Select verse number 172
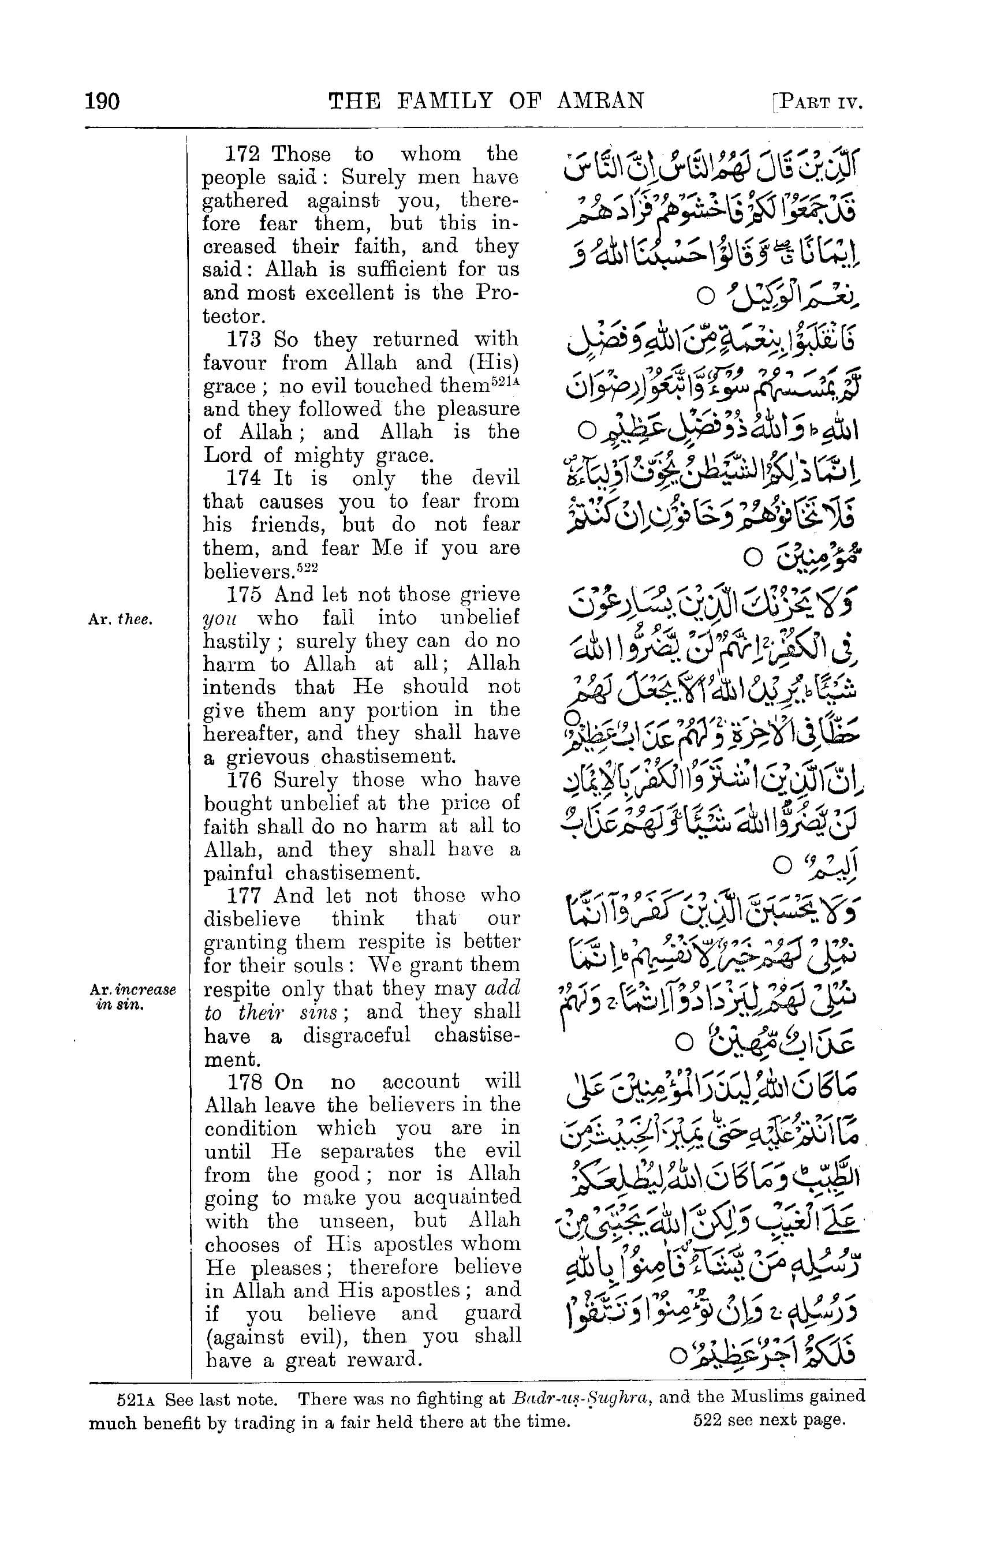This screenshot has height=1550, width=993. click(x=242, y=155)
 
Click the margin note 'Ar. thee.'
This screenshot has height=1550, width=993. click(x=120, y=620)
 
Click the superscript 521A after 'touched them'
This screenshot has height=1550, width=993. click(x=506, y=381)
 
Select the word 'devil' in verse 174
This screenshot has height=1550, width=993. click(x=495, y=479)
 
